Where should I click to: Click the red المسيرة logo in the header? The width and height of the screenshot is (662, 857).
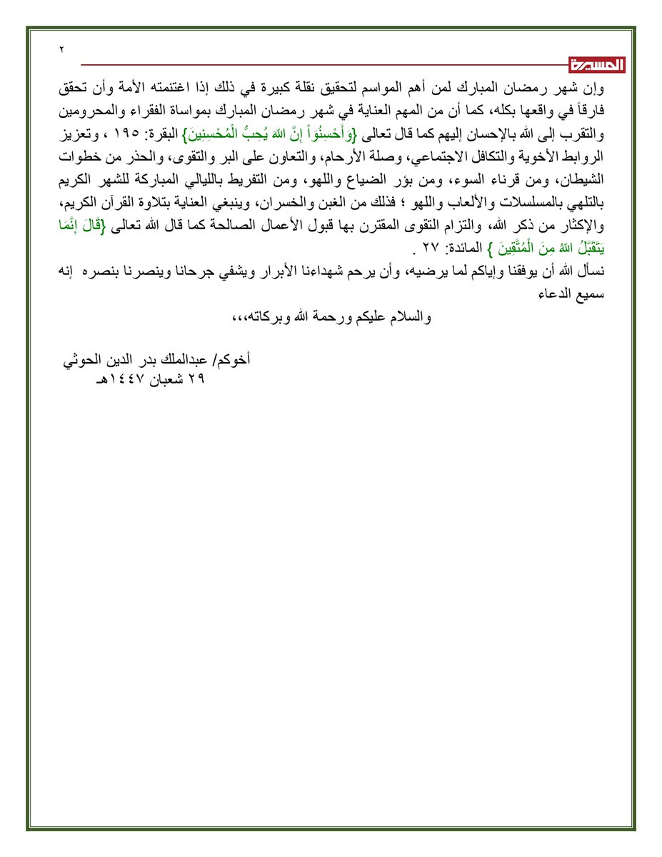point(597,65)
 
